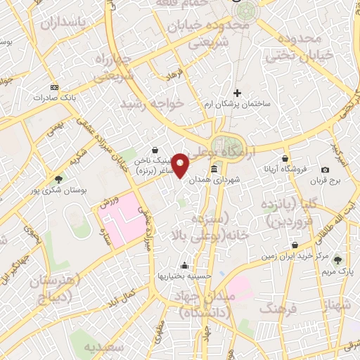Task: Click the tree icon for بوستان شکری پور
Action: pos(58,179)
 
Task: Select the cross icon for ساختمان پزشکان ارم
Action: pos(237,92)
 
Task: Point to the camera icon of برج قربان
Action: pos(325,169)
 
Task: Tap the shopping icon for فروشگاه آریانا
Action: pos(285,159)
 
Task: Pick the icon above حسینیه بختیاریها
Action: pos(184,265)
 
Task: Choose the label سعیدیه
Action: pos(105,346)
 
